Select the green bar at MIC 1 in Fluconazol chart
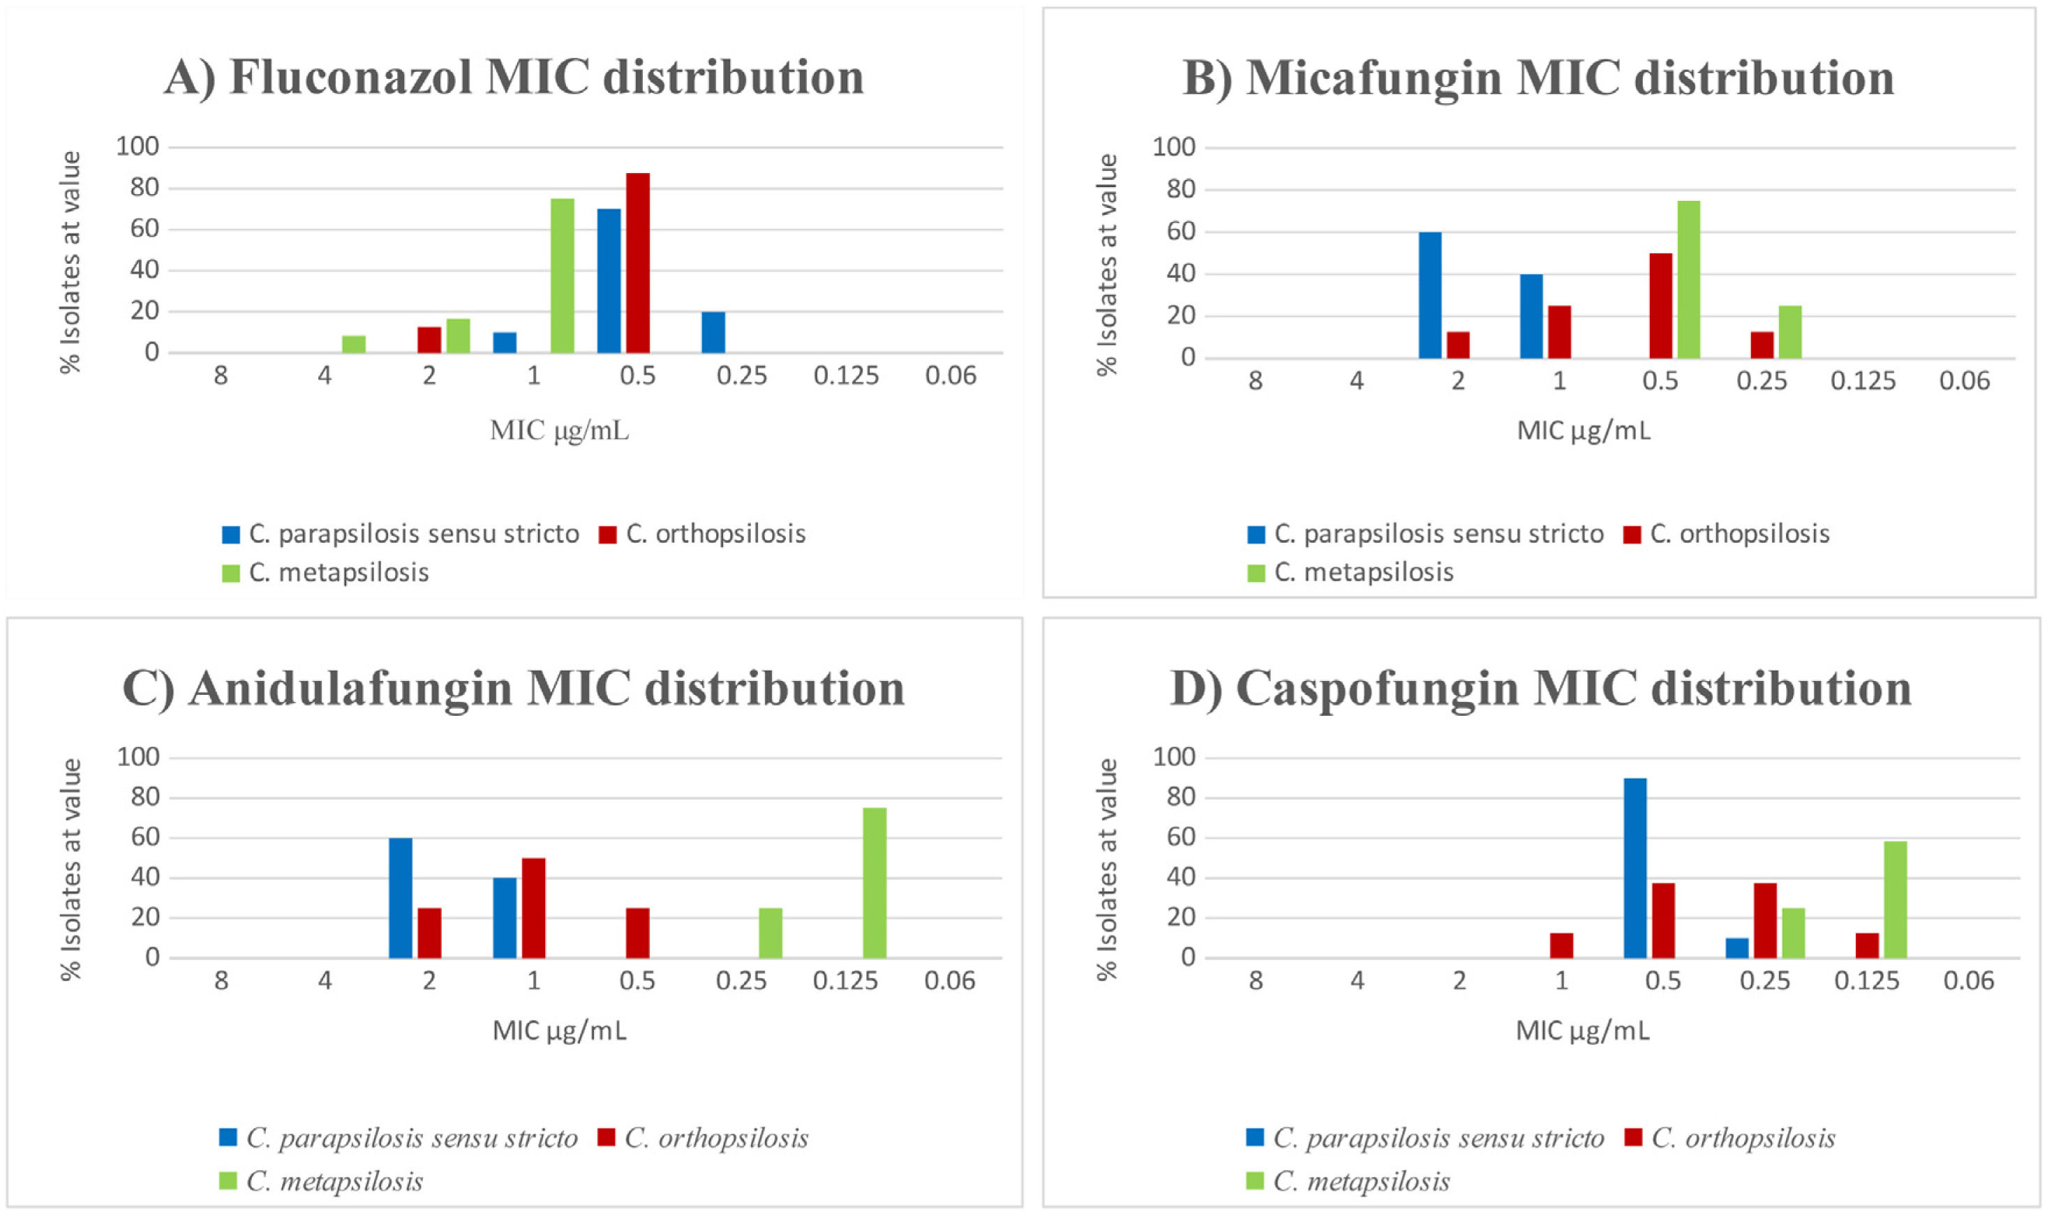562,276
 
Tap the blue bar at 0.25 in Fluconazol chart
713,332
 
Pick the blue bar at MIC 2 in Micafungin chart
1430,295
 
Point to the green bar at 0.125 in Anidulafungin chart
874,883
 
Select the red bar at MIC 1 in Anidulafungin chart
533,908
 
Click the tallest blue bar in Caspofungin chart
1635,868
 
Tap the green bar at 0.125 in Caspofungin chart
1896,900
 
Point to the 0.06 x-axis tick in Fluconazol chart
951,376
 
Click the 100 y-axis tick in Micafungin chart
1174,148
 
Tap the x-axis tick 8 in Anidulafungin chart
221,980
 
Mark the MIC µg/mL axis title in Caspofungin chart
1582,1031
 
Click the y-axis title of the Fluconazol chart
71,262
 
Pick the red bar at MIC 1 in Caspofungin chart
1562,945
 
